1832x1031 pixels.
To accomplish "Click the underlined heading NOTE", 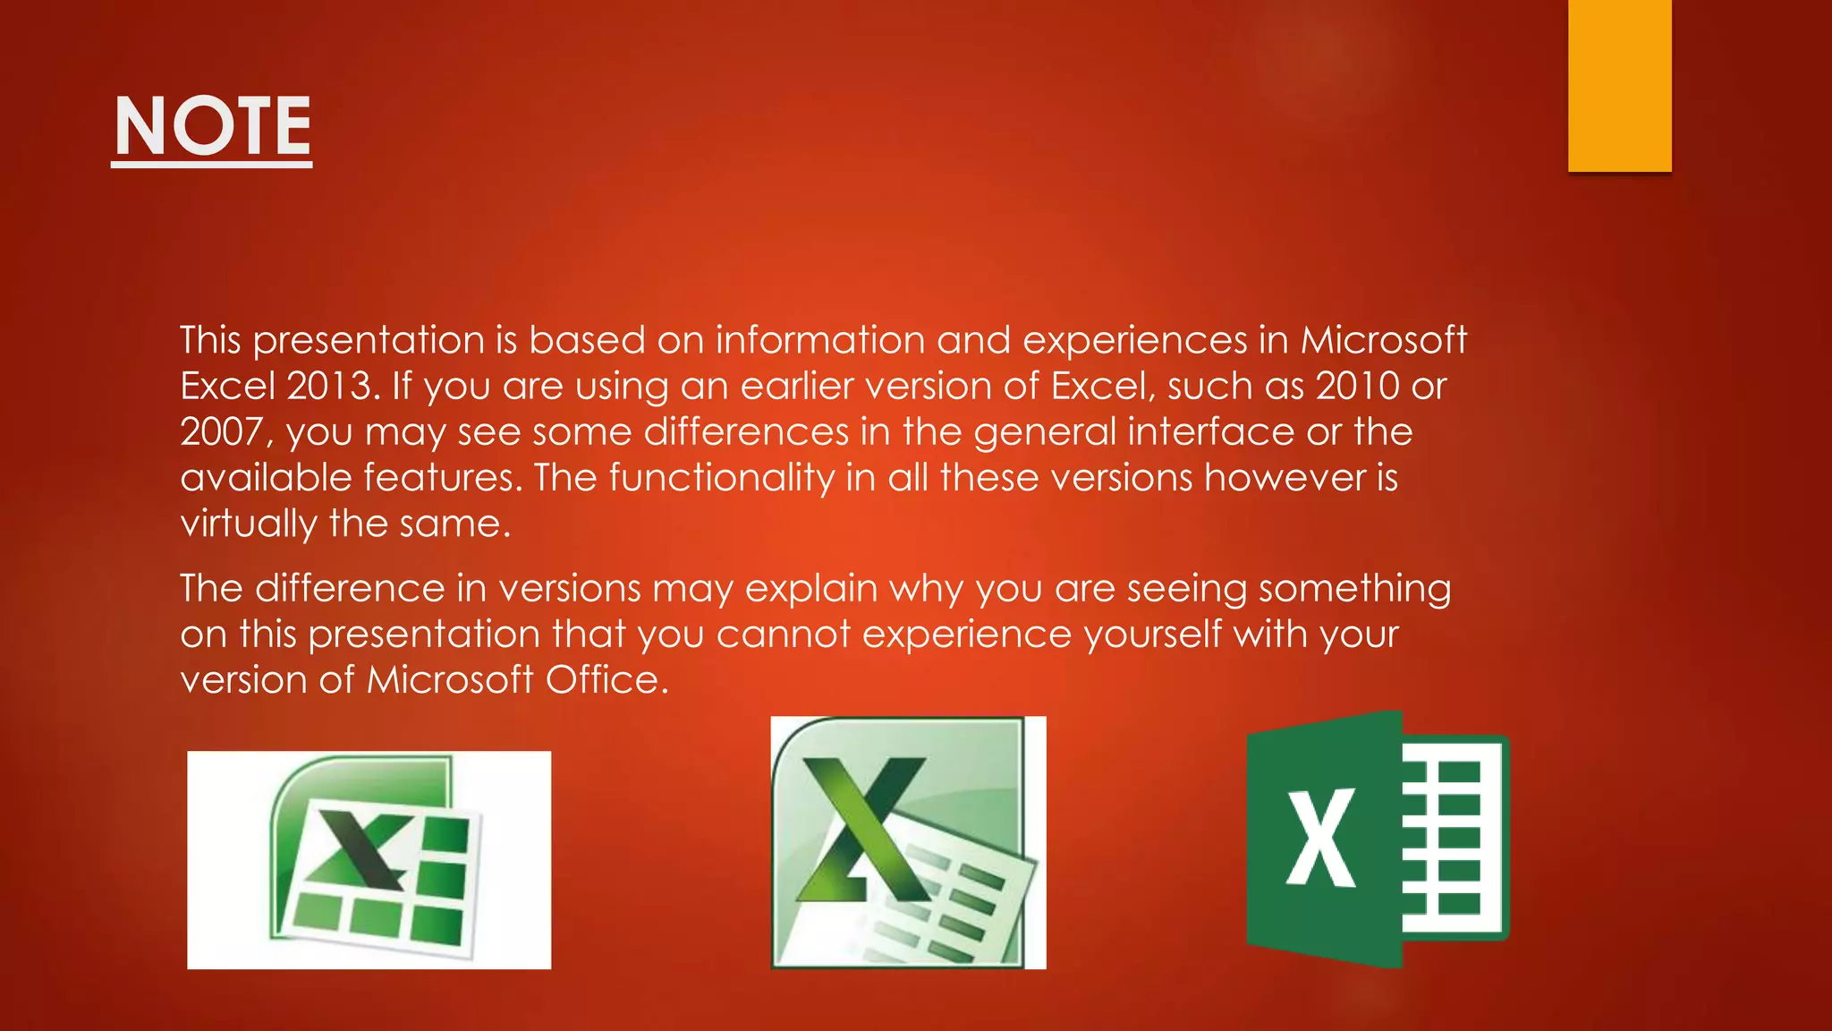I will coord(212,128).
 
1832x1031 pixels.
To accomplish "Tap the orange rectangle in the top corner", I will coord(1619,85).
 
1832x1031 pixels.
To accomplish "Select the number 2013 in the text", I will coord(328,387).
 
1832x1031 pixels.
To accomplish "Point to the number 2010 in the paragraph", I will coord(1357,387).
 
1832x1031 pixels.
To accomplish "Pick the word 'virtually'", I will coord(248,524).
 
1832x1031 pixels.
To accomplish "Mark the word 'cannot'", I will coord(783,635).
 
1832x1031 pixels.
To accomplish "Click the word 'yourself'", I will coord(1152,635).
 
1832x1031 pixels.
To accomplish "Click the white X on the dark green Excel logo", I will coord(1320,839).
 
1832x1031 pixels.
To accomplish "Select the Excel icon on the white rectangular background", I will coord(369,860).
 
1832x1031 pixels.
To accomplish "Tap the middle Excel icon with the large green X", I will coord(908,842).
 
